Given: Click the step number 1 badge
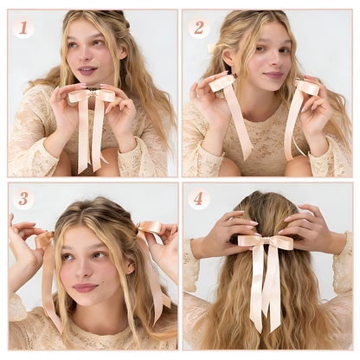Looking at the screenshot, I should [x=23, y=27].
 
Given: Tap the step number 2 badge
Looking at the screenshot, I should [x=199, y=27].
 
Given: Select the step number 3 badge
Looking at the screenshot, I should [x=23, y=199].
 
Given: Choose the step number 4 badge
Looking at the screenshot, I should [x=199, y=199].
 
